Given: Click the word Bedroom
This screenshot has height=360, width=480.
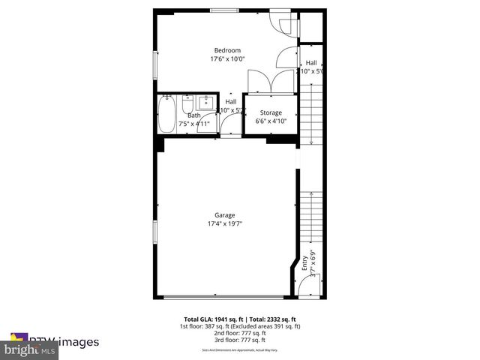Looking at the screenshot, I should click(x=227, y=50).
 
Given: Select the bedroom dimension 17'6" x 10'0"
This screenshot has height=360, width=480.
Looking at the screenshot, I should click(x=227, y=58).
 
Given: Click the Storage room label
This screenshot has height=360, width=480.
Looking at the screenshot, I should click(x=271, y=112).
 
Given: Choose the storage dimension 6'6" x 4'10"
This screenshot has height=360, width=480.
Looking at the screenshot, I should click(x=271, y=120).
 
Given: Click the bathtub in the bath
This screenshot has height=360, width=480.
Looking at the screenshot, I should click(x=166, y=113).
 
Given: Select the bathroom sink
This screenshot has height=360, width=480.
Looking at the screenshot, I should click(x=207, y=102).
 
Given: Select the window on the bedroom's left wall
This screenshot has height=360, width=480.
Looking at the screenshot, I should click(x=155, y=63).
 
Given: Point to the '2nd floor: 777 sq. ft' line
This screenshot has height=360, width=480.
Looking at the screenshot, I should click(x=240, y=334).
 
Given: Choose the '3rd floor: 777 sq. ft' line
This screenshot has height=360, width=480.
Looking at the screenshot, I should click(x=240, y=341).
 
